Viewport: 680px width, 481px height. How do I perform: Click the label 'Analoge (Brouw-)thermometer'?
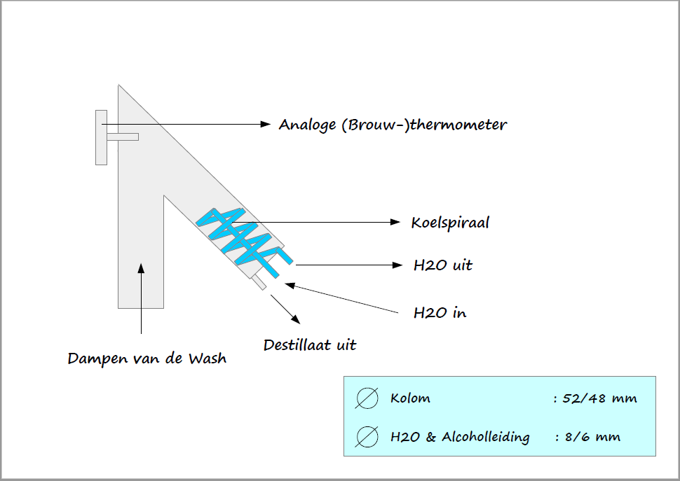(x=393, y=125)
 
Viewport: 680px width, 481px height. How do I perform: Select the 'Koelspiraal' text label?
(x=450, y=223)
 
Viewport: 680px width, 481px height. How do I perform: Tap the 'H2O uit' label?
(x=443, y=265)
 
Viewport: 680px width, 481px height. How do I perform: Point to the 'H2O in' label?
(x=440, y=312)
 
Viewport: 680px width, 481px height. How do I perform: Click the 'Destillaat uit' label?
(x=310, y=345)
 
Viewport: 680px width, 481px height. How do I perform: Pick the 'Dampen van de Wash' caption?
(x=147, y=358)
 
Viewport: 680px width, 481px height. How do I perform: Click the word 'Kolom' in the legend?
(x=410, y=398)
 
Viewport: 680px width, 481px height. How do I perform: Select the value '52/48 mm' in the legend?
(x=599, y=398)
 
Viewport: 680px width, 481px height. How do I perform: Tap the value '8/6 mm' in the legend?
(x=592, y=437)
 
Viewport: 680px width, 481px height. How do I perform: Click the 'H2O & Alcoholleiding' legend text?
(x=460, y=438)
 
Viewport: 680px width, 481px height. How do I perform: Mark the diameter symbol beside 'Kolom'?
(x=367, y=398)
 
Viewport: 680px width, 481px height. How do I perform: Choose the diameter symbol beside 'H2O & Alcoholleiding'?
(x=367, y=437)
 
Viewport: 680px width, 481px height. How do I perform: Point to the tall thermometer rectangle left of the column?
(x=102, y=138)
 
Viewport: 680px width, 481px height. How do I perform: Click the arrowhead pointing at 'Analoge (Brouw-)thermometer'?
(x=266, y=124)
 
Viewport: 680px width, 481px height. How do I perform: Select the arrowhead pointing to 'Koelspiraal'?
(x=395, y=222)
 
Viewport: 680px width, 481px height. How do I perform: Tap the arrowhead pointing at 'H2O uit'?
(x=397, y=265)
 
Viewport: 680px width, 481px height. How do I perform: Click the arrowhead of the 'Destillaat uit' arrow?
(x=296, y=319)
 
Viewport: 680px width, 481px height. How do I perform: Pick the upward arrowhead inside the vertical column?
(x=141, y=268)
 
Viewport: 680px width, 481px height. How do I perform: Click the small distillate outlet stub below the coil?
(x=259, y=282)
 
